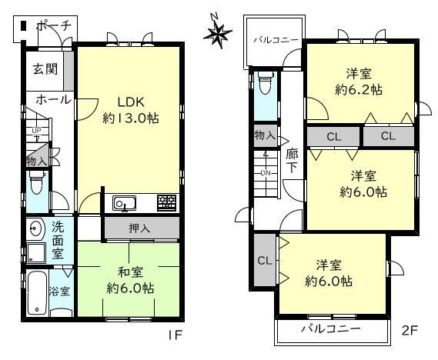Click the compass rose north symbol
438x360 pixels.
[218, 32]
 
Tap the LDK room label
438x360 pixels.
[131, 102]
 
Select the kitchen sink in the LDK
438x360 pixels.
[124, 203]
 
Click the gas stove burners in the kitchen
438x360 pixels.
[167, 202]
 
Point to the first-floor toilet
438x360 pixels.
[36, 182]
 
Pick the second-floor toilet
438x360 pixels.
[265, 83]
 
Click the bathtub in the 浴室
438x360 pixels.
[37, 293]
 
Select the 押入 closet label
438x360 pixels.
[139, 228]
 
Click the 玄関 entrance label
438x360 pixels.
[45, 68]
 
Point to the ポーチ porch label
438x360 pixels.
[54, 26]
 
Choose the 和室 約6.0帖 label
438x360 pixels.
[130, 280]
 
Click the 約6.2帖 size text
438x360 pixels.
[359, 90]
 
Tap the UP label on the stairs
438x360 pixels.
[36, 130]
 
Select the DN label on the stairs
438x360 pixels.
[266, 173]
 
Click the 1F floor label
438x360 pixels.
[175, 335]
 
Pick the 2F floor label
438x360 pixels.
[410, 331]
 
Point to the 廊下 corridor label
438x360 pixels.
[292, 161]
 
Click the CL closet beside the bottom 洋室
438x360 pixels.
[265, 260]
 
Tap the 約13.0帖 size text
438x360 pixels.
[131, 118]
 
